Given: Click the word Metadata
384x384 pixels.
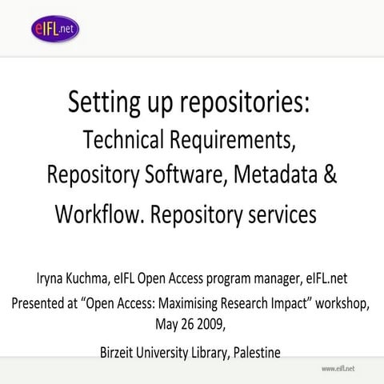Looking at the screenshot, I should click(x=271, y=175).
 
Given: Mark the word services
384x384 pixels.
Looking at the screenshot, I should click(x=279, y=214).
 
